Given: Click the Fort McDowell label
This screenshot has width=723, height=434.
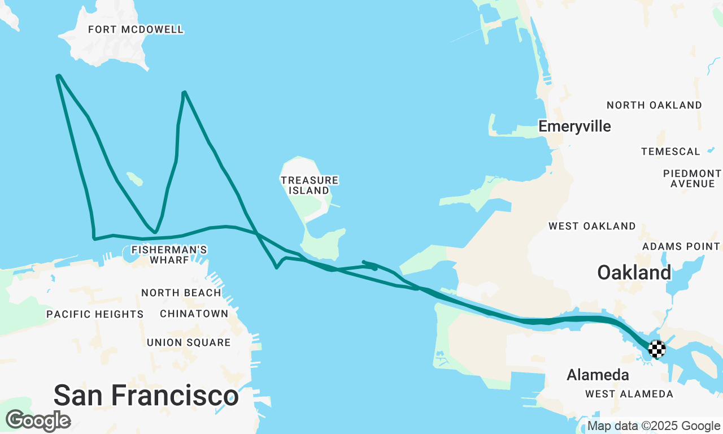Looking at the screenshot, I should point(136,29).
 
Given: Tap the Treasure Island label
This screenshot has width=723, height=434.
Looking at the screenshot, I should point(310,185).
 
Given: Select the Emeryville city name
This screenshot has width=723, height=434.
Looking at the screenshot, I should point(574,126).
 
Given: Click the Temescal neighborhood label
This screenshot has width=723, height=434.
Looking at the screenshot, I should point(670,151).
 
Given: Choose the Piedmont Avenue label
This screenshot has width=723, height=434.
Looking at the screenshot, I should point(692,179).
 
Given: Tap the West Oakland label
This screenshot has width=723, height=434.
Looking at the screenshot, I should point(592,226).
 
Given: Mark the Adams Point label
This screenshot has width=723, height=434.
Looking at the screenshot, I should point(681,246).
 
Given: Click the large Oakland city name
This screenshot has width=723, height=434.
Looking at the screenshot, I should point(634,272).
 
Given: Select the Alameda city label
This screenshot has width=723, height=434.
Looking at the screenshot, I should point(598,375).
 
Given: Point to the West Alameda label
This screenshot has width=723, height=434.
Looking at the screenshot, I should point(629,394).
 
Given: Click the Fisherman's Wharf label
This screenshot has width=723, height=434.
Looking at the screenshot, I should point(169,254).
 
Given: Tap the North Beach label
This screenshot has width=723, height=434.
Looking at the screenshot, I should point(181,293).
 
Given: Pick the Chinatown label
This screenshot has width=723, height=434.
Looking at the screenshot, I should point(194,314).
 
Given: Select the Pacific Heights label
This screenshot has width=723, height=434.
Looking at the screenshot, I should point(95,314).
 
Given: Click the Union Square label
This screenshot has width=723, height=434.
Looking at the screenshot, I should point(189,342).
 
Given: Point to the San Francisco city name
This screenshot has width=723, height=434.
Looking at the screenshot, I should point(146,395).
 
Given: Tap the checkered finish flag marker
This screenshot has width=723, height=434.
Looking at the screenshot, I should point(656,349).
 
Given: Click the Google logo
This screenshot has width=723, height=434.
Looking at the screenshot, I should point(38,420).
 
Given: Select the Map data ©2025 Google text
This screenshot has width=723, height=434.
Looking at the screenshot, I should point(654,426).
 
